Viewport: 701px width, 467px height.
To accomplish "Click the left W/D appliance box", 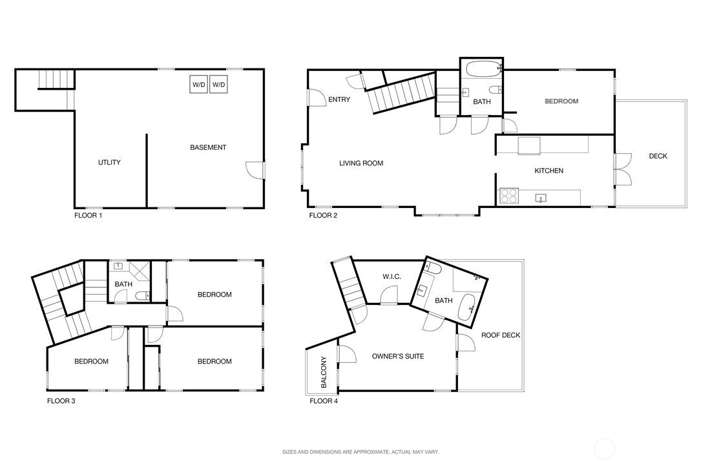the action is coord(198,85).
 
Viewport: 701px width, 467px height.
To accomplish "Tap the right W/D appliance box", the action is coord(218,85).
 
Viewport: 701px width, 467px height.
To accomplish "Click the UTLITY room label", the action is coord(110,162).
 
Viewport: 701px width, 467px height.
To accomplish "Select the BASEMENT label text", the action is coord(208,147).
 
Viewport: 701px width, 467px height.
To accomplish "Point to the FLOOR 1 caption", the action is coord(88,215).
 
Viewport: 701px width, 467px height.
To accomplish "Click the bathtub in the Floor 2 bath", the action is coord(483,69).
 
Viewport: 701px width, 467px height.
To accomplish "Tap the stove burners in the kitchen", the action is coord(508,196).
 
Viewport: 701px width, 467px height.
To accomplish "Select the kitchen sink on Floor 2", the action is coord(541,198).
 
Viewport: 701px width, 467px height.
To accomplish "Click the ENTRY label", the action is coord(339,99).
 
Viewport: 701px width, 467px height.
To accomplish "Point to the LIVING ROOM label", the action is coord(361,163).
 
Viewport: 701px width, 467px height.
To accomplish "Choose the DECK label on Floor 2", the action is coord(658,156).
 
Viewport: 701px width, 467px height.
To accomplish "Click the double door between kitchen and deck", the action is coord(623,169).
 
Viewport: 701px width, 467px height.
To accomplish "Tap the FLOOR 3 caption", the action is coord(61,401).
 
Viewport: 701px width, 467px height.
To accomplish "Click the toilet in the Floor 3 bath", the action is coord(143,295).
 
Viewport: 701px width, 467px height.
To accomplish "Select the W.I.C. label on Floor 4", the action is coord(392,276).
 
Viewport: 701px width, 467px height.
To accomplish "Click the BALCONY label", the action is coord(324,372).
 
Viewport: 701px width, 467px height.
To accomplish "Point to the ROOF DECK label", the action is coord(501,335).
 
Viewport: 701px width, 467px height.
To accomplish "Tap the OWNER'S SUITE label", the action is coord(398,356).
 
